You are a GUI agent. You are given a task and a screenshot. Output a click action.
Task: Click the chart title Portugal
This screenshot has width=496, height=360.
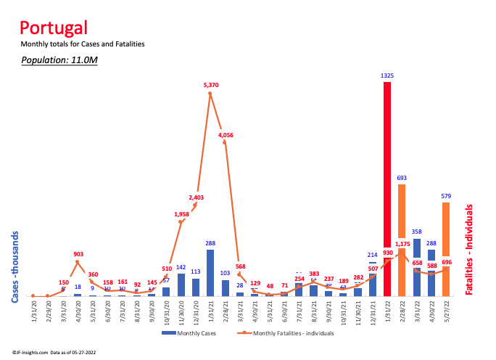[54, 28]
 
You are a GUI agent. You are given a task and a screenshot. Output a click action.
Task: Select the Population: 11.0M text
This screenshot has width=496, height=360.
[59, 60]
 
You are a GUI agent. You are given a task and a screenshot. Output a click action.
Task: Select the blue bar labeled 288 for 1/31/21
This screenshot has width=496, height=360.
[210, 273]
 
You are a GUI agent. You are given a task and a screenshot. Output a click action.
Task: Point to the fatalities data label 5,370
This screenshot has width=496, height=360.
[211, 85]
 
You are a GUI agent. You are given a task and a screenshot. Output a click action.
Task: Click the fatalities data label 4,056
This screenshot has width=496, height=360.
[226, 134]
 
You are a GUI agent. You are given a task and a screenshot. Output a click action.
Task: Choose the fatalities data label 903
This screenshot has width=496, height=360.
[78, 254]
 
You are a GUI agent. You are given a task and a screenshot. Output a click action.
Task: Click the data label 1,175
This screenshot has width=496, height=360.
[403, 244]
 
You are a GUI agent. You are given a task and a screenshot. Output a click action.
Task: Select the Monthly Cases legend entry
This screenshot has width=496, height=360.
[191, 334]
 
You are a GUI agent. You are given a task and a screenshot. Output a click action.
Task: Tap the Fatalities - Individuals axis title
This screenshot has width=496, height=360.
[469, 249]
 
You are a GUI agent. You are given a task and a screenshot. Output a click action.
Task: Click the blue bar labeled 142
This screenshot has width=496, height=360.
[181, 285]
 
